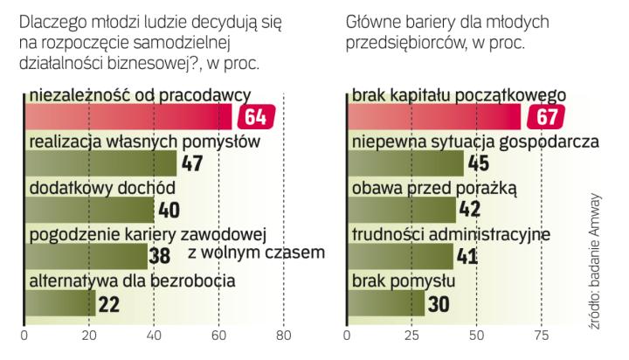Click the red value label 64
259,116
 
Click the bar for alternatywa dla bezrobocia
59,302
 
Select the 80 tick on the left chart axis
283,334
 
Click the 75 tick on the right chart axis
542,334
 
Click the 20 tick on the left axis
88,334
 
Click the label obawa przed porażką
435,187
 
